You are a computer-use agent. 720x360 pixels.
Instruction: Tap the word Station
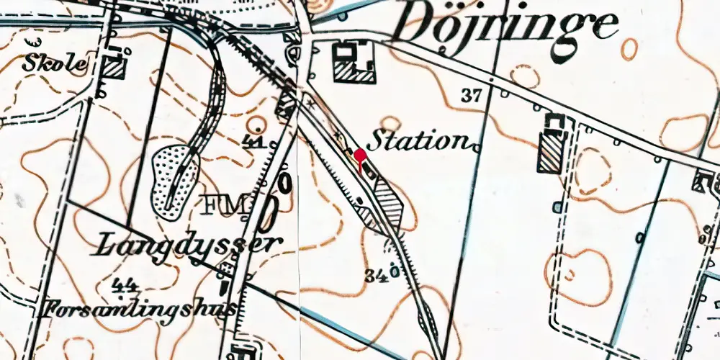click(x=420, y=141)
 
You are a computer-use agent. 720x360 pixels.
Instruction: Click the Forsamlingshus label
click(x=140, y=310)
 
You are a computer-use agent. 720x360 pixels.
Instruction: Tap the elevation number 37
click(x=471, y=94)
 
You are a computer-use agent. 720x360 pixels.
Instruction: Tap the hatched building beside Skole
click(x=114, y=68)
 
